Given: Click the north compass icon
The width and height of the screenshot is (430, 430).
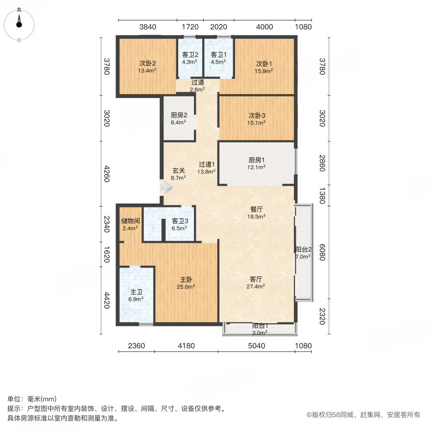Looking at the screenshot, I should click(x=19, y=22).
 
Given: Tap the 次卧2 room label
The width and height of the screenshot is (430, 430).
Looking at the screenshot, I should click(x=148, y=64).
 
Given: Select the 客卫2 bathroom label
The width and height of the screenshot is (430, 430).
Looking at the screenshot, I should click(x=190, y=55).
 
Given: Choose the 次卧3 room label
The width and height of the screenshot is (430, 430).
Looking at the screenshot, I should click(x=257, y=115).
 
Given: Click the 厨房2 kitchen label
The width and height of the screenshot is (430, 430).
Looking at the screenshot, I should click(x=179, y=115).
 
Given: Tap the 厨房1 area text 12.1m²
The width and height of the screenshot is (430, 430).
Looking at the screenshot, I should click(x=257, y=167).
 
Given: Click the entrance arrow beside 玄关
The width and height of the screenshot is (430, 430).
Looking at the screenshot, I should click(x=165, y=187).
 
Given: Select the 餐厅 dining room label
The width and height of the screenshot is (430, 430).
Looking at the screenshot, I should click(x=257, y=209).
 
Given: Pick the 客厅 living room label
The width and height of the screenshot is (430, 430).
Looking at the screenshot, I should click(x=257, y=279).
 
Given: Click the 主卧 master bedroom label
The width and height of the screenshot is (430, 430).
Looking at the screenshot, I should click(x=186, y=279).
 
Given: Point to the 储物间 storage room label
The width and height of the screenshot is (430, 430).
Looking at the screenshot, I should click(x=130, y=221).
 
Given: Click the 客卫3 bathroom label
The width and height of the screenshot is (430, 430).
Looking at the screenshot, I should click(x=179, y=221).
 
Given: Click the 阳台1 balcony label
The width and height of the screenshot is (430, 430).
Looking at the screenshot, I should click(x=260, y=326).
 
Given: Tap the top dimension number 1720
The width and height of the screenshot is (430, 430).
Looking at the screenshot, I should click(x=190, y=27).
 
